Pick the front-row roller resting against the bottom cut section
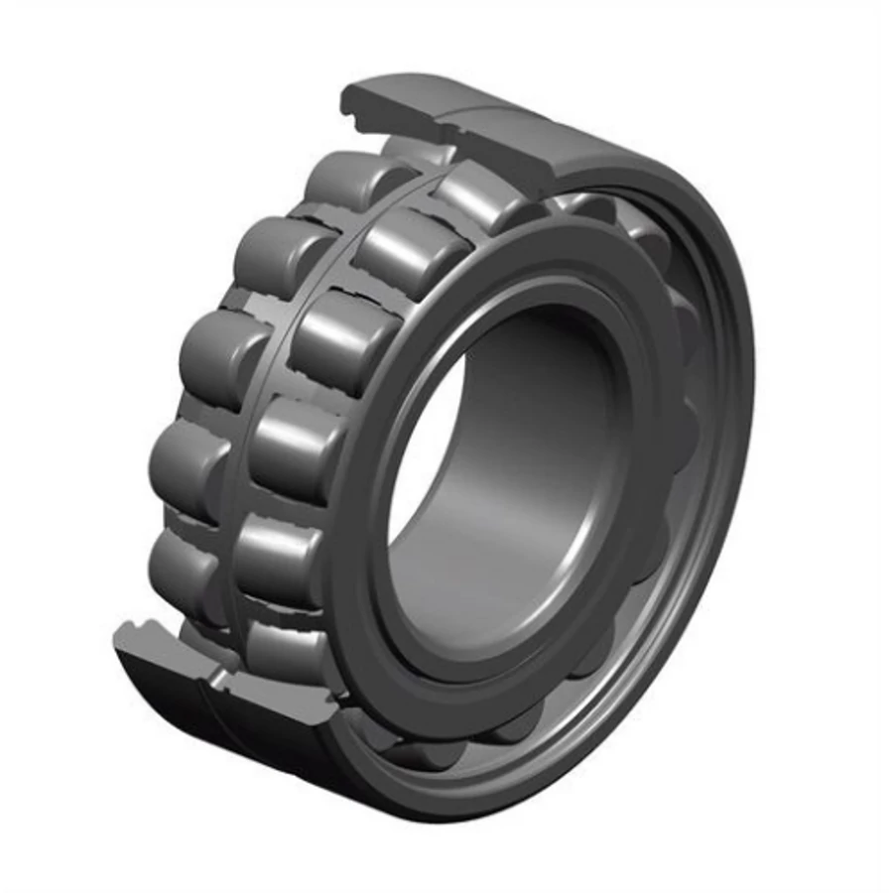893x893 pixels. tap(283, 645)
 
